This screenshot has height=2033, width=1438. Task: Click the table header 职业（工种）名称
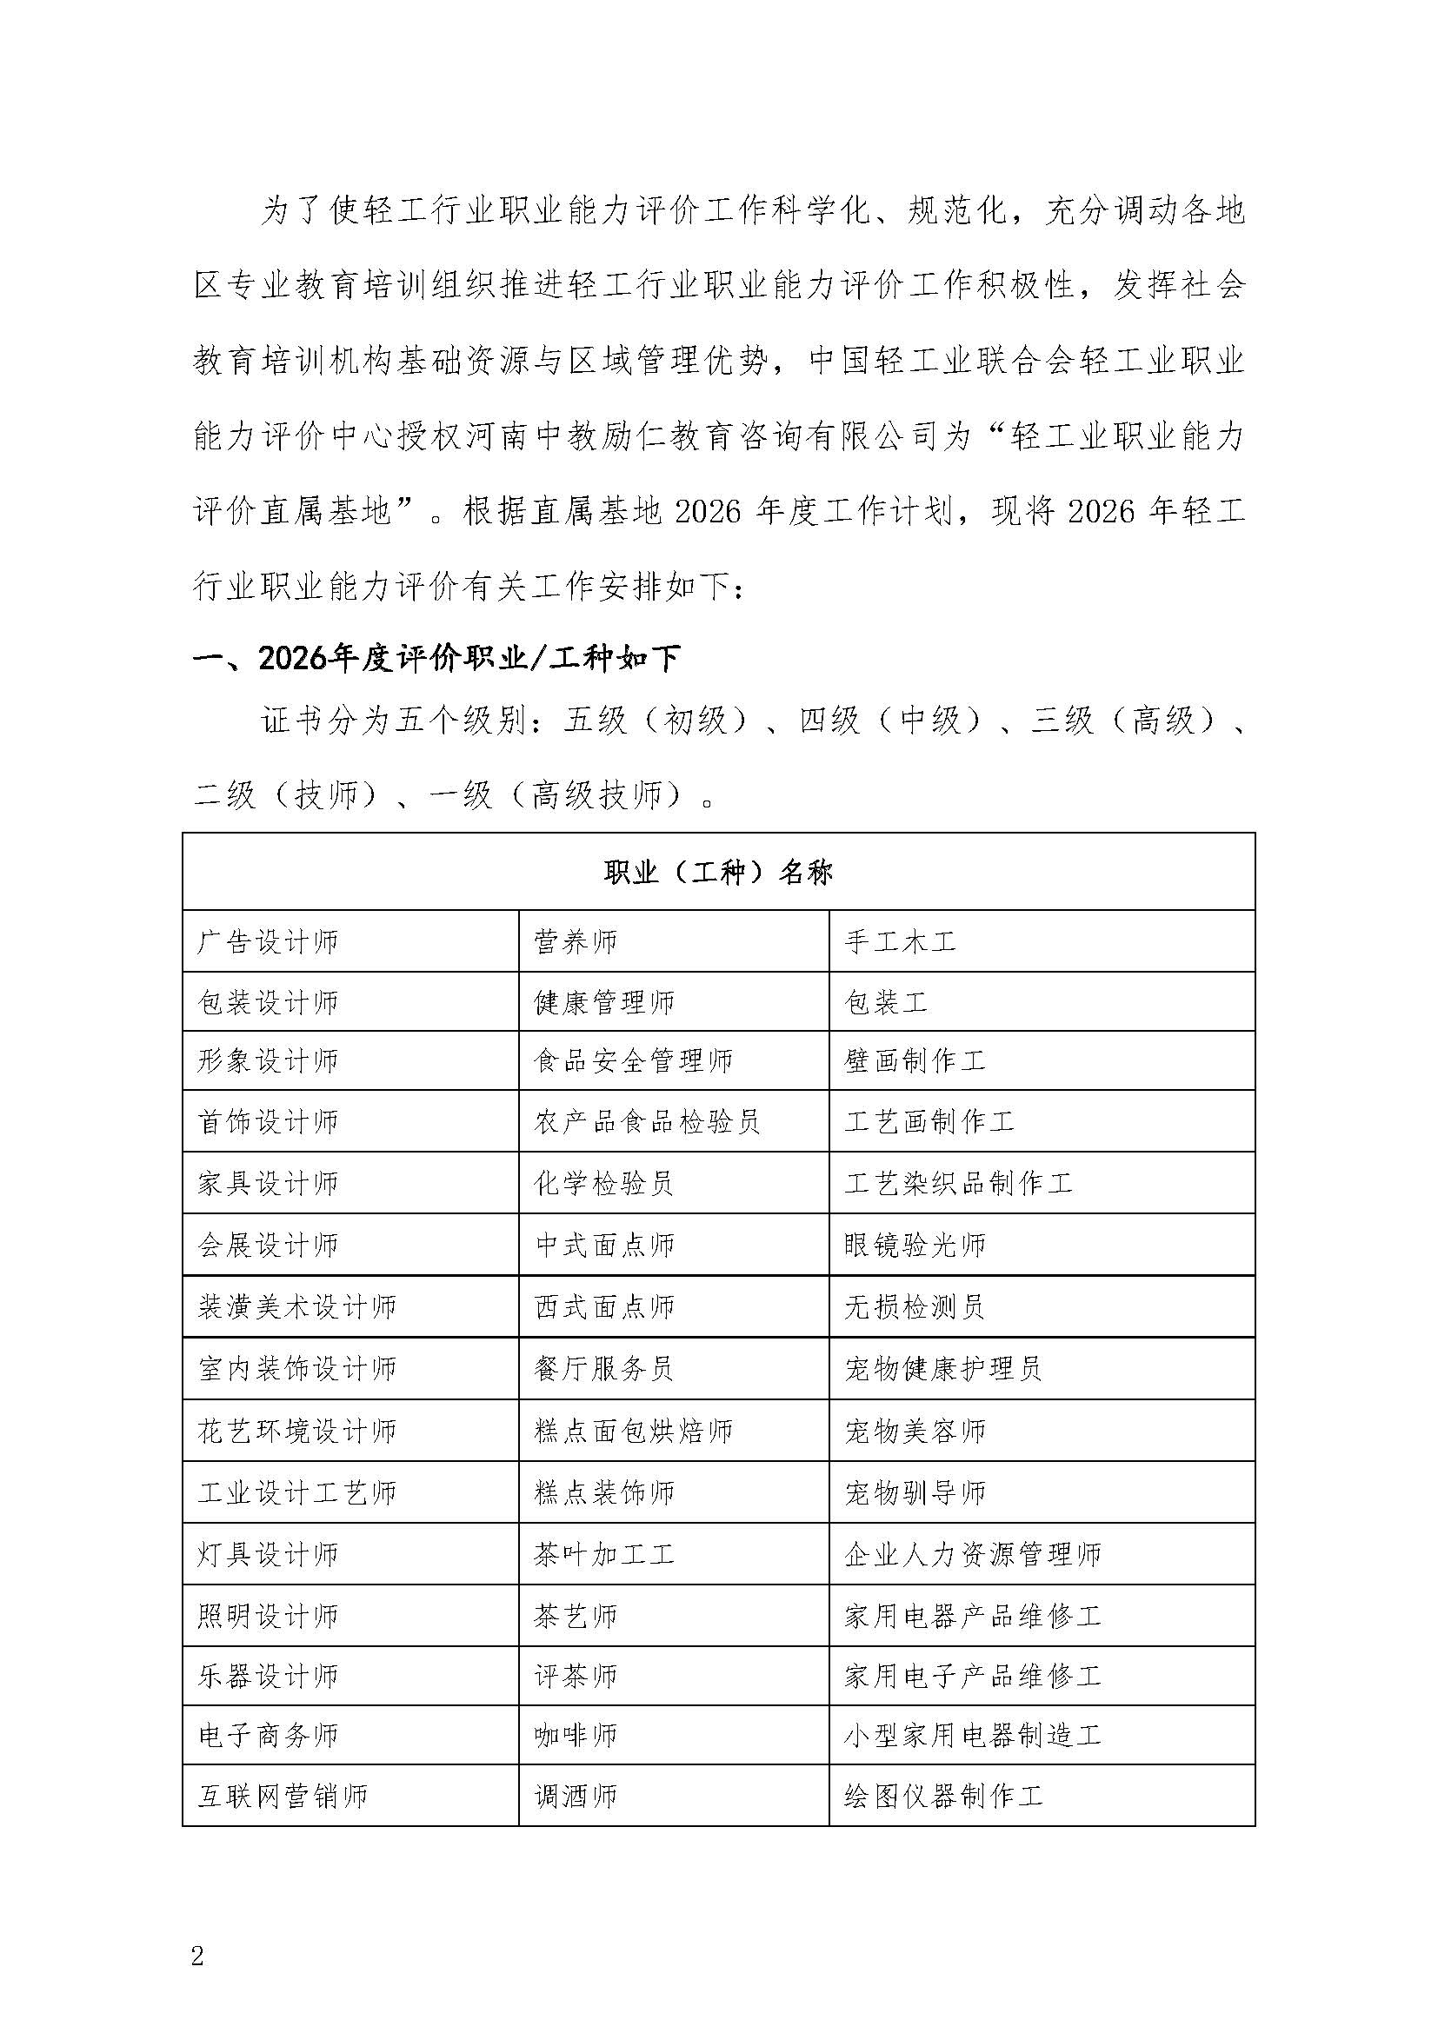[718, 873]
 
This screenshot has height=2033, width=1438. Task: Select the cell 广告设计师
[268, 941]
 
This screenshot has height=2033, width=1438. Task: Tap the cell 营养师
[576, 941]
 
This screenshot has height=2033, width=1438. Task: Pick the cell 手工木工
[900, 941]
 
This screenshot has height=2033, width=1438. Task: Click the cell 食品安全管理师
[633, 1060]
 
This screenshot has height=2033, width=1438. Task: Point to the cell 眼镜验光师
[915, 1245]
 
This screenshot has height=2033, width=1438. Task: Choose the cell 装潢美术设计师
[296, 1306]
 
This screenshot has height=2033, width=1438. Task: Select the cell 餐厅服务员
[604, 1368]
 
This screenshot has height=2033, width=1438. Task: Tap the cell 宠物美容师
[915, 1431]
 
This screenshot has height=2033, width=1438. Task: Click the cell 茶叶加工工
[604, 1554]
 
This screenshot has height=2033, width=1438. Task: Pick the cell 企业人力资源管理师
[972, 1554]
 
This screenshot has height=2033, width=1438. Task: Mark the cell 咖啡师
[576, 1735]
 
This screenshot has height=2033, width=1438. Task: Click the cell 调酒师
[576, 1796]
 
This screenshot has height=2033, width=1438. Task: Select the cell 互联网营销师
[283, 1796]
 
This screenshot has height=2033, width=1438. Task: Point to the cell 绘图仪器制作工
[944, 1796]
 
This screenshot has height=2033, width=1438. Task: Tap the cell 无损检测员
[915, 1306]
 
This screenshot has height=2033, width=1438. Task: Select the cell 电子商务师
[268, 1735]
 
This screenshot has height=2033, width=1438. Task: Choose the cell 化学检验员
[604, 1183]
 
